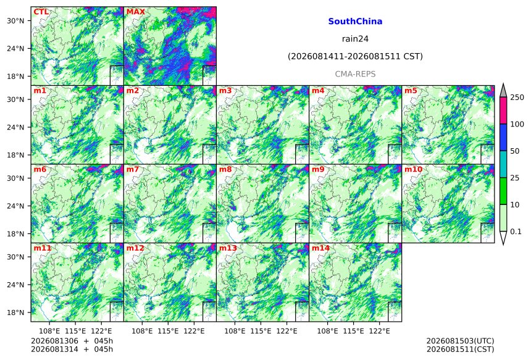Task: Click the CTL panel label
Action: (x=41, y=12)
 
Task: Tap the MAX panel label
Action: (x=135, y=12)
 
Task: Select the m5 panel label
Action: (x=411, y=91)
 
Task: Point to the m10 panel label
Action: (x=413, y=169)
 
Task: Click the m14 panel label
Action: (x=320, y=248)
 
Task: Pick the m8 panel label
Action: (x=225, y=169)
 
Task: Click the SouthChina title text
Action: (x=355, y=22)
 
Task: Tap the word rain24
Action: (x=355, y=39)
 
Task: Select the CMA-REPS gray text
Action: (x=355, y=74)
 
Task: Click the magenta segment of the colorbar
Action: (x=503, y=111)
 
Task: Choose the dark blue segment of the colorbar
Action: (x=503, y=137)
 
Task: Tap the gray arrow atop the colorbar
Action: (x=503, y=91)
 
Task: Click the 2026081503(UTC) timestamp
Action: (x=460, y=341)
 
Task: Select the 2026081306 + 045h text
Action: (x=72, y=341)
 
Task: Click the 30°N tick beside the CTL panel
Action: (x=15, y=20)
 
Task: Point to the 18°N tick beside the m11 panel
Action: (x=15, y=312)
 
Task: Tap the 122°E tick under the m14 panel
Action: (x=379, y=331)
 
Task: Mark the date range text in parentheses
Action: (x=355, y=56)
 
